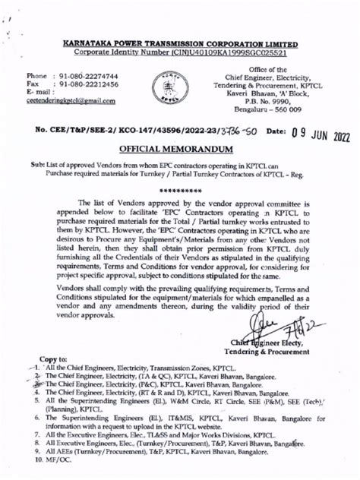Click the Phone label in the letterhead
coord(38,77)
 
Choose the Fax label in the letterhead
coord(33,86)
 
